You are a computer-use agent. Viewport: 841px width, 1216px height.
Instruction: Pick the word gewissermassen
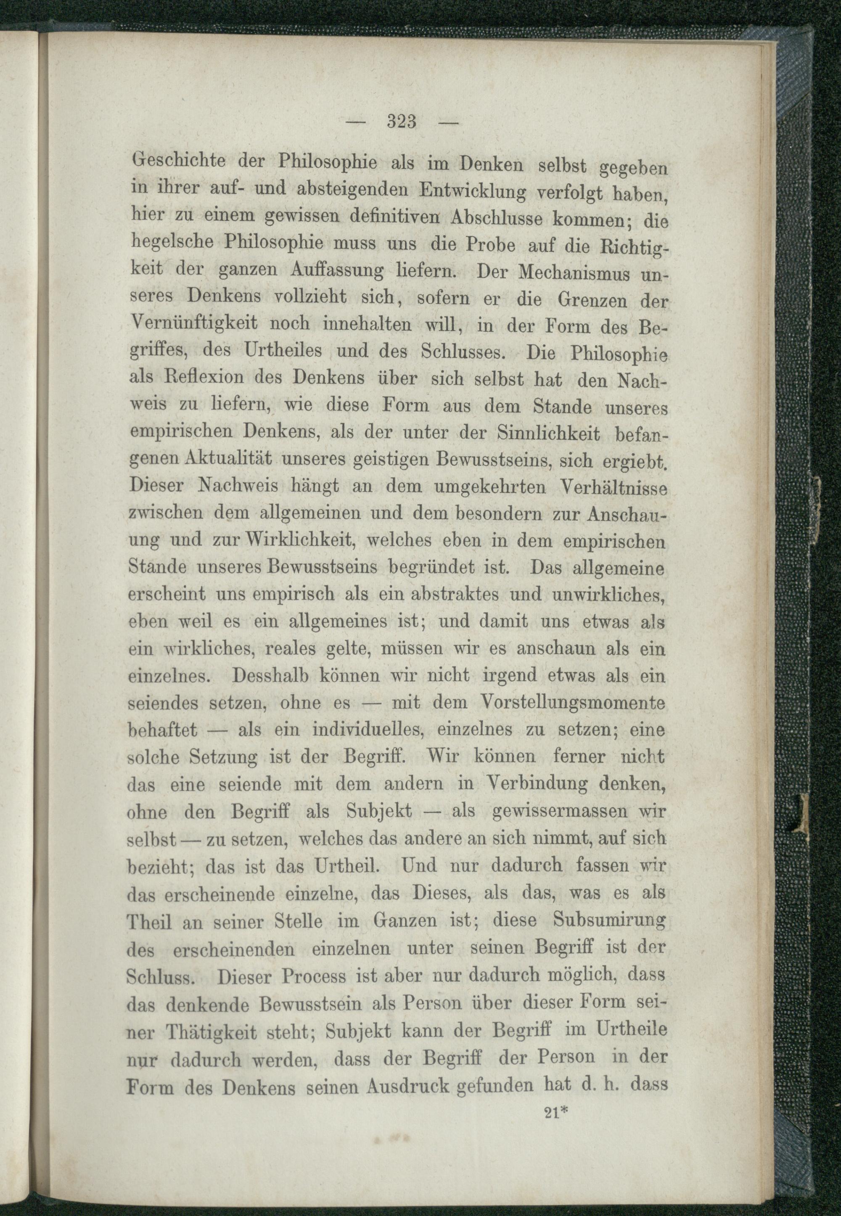click(558, 812)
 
